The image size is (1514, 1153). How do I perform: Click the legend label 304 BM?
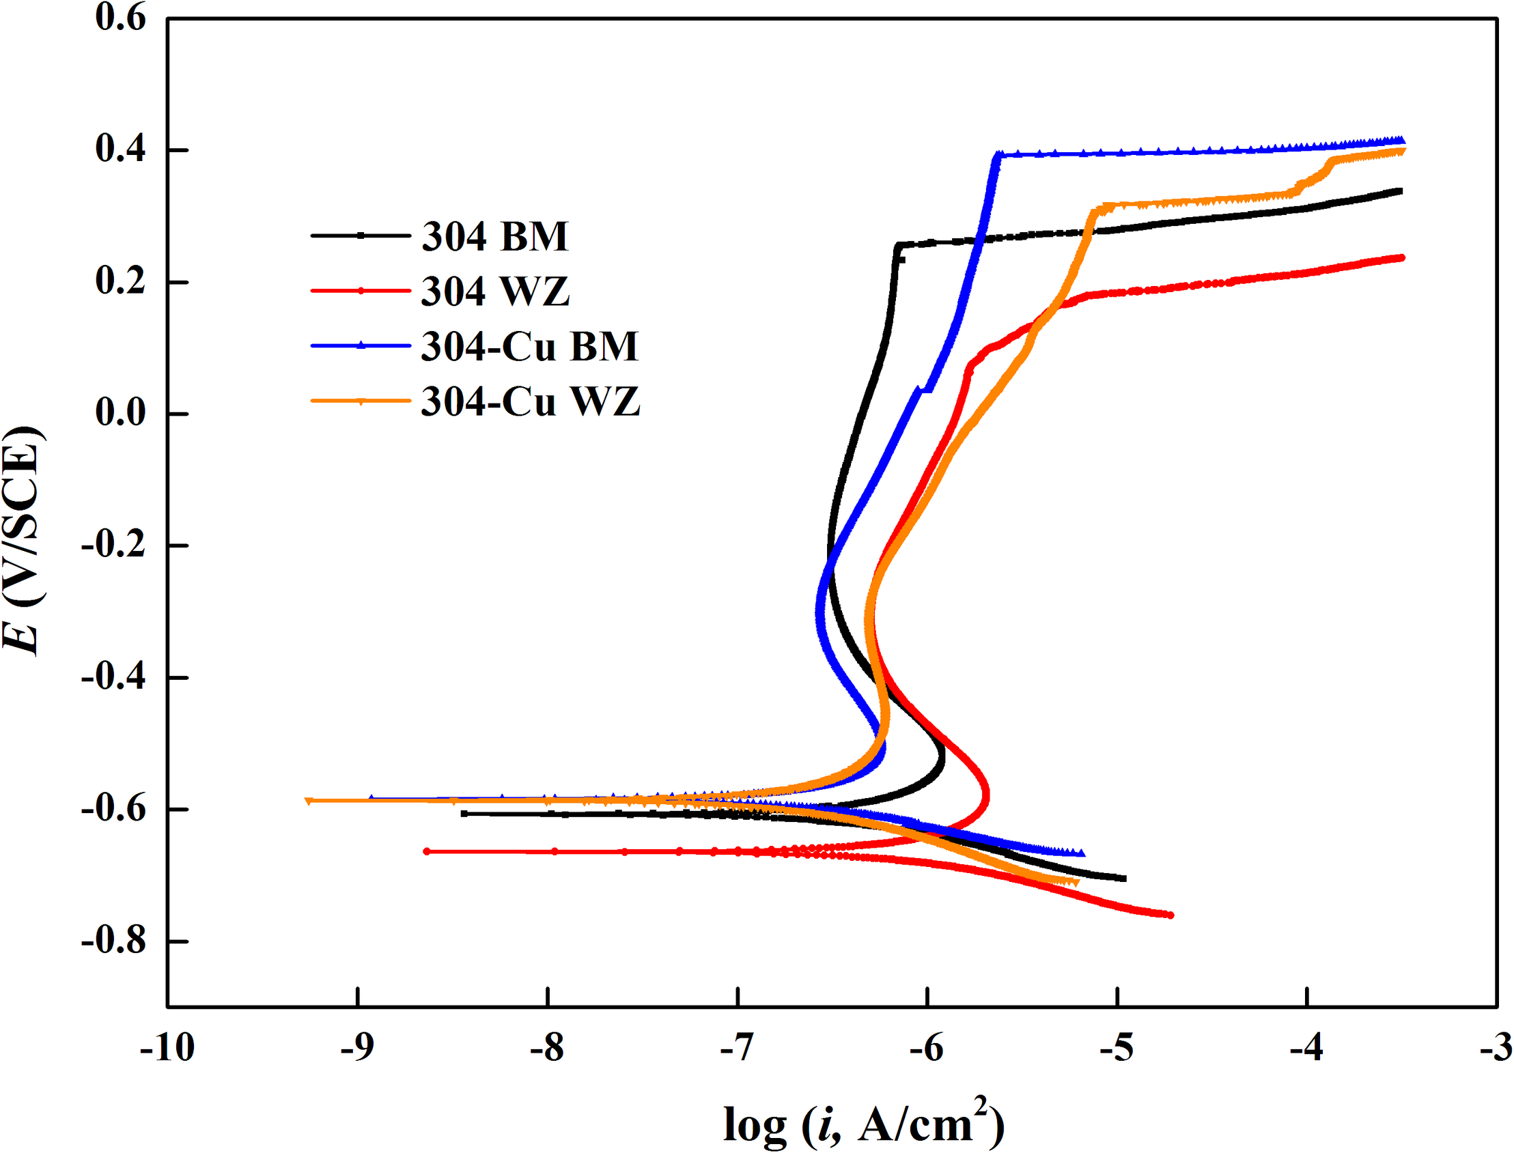point(494,237)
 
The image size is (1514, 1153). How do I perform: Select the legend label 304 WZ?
point(494,291)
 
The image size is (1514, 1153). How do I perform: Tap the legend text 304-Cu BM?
point(529,347)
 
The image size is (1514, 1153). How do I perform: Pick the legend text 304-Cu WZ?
point(530,401)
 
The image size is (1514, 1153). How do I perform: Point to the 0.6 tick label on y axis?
point(121,18)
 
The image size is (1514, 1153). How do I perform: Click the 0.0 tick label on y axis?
point(121,413)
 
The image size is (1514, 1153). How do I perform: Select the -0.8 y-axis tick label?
point(114,940)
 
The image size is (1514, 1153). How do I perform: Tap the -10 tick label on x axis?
point(167,1049)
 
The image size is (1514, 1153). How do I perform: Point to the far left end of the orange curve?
point(308,800)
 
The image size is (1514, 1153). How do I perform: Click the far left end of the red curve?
point(426,851)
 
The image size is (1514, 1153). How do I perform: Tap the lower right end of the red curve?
point(1170,915)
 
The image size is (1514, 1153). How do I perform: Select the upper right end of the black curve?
point(1399,190)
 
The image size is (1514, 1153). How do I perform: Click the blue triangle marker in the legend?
point(361,346)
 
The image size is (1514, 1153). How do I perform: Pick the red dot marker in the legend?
point(361,291)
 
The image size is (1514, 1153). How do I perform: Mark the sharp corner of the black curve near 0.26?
point(898,244)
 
